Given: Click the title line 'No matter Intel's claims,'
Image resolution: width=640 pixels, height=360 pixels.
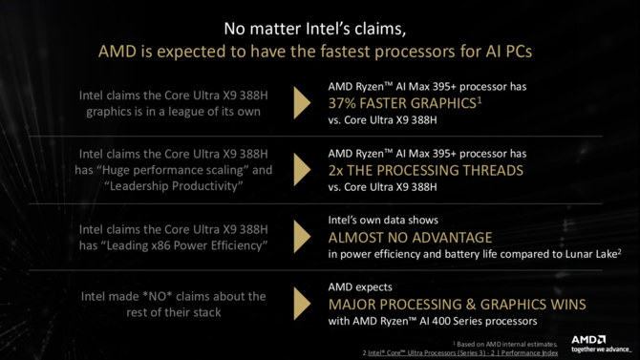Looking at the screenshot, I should [x=319, y=27].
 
